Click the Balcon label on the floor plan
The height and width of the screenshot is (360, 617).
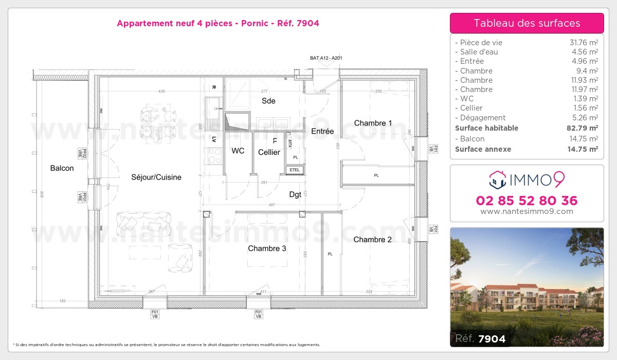click(x=62, y=168)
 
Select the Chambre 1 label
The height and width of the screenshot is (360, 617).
click(x=373, y=123)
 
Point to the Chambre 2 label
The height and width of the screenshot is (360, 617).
click(x=372, y=240)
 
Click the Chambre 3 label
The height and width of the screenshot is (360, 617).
click(x=267, y=248)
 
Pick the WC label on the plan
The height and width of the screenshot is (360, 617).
click(x=238, y=151)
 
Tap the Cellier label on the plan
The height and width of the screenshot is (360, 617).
click(x=269, y=152)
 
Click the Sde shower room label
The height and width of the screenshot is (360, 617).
click(x=268, y=101)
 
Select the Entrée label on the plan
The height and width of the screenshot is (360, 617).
click(x=322, y=132)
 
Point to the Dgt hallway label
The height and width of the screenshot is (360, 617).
click(x=295, y=194)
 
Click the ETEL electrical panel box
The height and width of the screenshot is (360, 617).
click(x=295, y=170)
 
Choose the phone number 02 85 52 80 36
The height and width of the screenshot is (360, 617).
click(x=527, y=201)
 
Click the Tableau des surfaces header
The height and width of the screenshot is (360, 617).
click(x=527, y=23)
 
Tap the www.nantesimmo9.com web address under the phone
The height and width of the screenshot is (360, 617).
click(x=527, y=211)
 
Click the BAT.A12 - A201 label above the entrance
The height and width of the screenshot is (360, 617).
click(x=326, y=59)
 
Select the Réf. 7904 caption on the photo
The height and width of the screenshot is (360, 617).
click(x=480, y=338)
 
